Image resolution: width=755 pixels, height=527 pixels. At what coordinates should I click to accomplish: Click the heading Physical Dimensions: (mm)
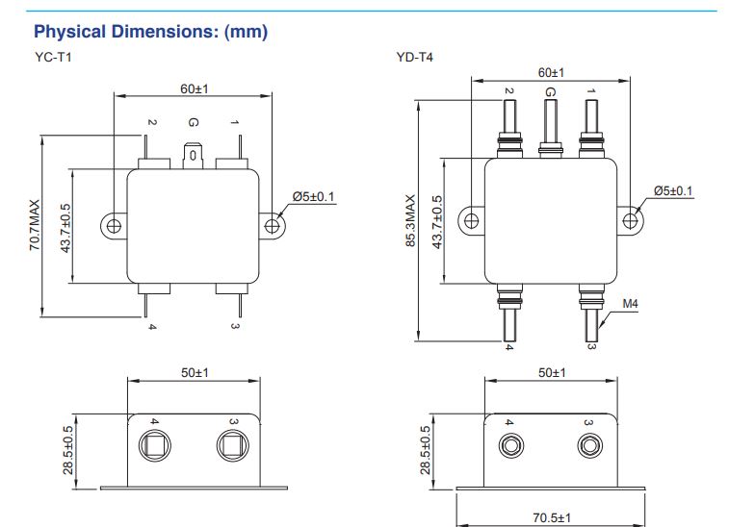click(x=150, y=32)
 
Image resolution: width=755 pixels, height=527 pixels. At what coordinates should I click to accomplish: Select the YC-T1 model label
click(x=53, y=58)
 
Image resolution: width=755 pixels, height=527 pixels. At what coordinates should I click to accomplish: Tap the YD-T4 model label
click(x=414, y=58)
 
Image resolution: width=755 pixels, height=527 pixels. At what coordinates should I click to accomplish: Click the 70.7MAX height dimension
click(x=35, y=225)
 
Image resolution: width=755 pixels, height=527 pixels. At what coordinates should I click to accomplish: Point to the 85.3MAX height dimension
click(x=410, y=221)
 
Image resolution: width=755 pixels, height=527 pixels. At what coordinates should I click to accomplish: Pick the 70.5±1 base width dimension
click(x=552, y=517)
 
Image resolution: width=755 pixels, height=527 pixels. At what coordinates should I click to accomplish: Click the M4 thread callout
click(x=630, y=304)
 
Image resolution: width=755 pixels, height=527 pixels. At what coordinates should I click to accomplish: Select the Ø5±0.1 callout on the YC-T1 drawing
click(x=314, y=196)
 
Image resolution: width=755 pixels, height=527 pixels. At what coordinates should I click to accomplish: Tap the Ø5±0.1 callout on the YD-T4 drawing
click(x=673, y=190)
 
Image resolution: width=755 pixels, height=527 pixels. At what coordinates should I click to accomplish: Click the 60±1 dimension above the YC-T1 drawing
click(x=195, y=88)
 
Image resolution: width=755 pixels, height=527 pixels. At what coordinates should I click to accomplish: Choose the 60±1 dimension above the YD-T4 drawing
click(x=551, y=73)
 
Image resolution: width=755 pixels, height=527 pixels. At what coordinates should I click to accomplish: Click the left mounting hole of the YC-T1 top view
click(x=114, y=225)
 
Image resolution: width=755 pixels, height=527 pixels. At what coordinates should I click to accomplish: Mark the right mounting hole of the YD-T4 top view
click(x=630, y=221)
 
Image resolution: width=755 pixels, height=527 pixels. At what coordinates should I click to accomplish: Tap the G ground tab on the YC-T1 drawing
click(x=193, y=156)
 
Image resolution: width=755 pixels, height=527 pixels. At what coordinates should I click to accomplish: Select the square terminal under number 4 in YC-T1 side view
click(x=154, y=445)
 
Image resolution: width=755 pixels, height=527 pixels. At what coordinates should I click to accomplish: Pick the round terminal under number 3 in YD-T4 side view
click(x=589, y=446)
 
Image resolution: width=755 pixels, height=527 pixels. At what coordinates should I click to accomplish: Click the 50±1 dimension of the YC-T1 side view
click(x=195, y=373)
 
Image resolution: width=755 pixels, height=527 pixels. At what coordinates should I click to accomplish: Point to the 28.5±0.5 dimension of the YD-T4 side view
click(x=426, y=450)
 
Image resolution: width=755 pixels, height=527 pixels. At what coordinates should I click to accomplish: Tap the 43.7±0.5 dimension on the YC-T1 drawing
click(x=65, y=228)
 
